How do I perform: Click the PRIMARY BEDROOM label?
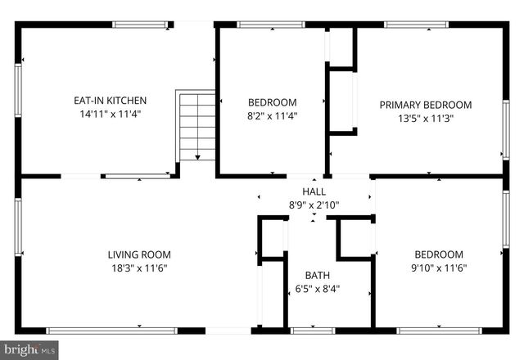click(x=425, y=105)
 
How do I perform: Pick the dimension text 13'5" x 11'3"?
click(x=425, y=118)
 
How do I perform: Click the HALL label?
click(x=314, y=191)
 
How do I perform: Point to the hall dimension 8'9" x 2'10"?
click(x=314, y=205)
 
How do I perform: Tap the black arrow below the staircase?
click(x=197, y=156)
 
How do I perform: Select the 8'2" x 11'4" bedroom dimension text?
click(x=272, y=115)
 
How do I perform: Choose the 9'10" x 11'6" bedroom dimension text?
click(x=438, y=268)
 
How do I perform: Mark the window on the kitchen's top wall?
click(x=141, y=25)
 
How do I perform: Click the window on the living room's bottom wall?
click(x=111, y=331)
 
